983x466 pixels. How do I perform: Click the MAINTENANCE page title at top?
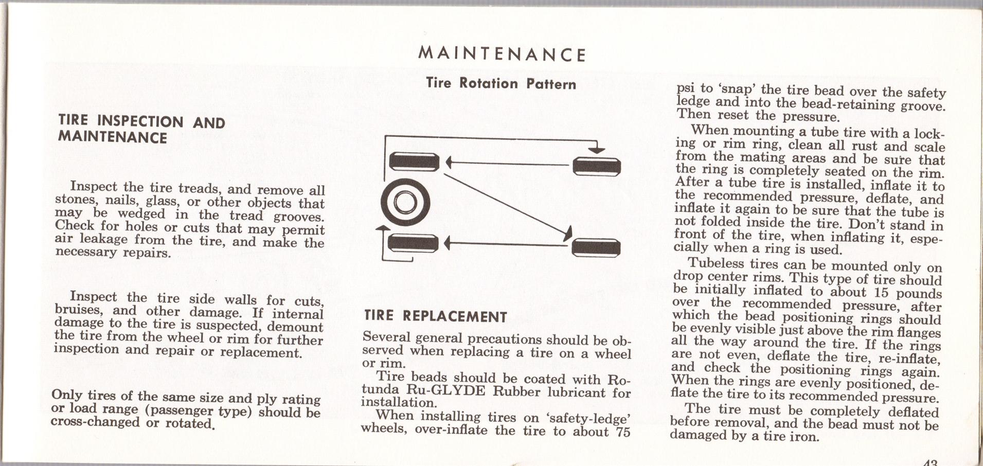click(x=502, y=55)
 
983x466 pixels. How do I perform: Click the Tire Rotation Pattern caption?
click(x=501, y=84)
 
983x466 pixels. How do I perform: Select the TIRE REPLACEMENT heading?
click(x=435, y=316)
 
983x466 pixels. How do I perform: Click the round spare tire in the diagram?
click(x=405, y=202)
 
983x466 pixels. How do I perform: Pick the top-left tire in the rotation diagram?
click(x=414, y=162)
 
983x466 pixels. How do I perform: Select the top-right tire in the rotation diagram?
click(x=597, y=167)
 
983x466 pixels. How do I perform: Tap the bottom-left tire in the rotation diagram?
click(x=413, y=243)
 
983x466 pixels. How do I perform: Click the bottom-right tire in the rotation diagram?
click(x=596, y=247)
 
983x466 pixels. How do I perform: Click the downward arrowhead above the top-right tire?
click(x=597, y=150)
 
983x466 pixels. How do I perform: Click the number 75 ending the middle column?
click(x=622, y=432)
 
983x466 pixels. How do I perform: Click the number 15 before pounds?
click(x=881, y=292)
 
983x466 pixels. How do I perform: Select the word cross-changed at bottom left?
click(x=95, y=422)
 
